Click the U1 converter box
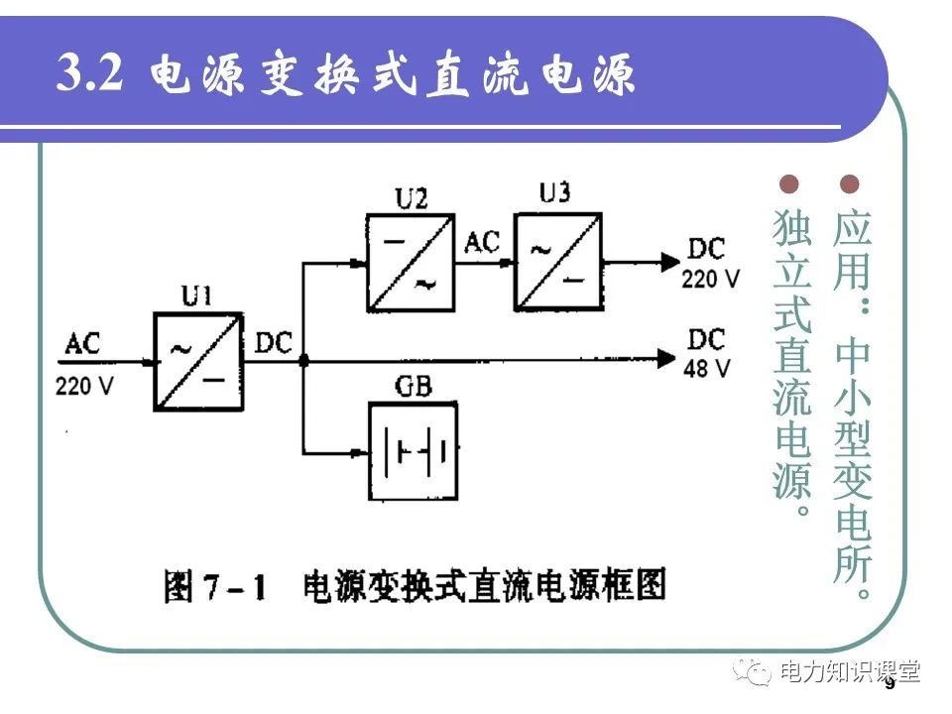pos(197,361)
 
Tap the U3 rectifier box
pos(557,260)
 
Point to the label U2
pos(411,198)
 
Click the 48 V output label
pos(707,369)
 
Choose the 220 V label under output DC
pos(711,279)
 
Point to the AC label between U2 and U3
pos(483,241)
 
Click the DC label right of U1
pos(273,342)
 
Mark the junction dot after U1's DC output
pos(302,361)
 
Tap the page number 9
pos(889,683)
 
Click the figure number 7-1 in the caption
pos(232,587)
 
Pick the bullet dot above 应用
pos(850,184)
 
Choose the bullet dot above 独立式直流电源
pos(790,184)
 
